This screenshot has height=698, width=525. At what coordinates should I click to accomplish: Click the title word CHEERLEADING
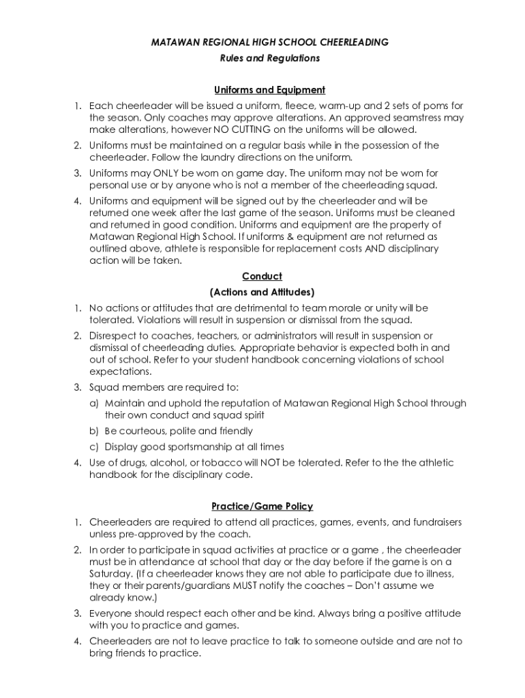[x=354, y=42]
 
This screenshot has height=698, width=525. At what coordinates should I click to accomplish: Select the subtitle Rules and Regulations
[x=269, y=59]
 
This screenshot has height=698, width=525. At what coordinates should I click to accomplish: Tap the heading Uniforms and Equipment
[x=269, y=90]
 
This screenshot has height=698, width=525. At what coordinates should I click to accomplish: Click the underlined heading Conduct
[x=262, y=276]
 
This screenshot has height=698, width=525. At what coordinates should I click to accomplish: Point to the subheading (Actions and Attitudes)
[x=262, y=292]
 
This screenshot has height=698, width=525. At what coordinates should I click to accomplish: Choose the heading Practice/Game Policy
[x=262, y=506]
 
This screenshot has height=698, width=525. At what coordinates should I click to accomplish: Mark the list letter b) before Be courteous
[x=95, y=431]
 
